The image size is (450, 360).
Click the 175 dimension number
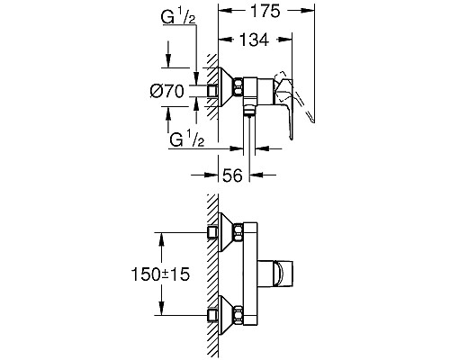[265, 11]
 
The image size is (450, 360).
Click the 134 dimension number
[254, 40]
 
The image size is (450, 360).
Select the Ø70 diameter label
[166, 91]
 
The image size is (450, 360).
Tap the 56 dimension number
[232, 175]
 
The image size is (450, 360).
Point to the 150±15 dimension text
[160, 274]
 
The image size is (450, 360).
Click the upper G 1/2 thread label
[178, 18]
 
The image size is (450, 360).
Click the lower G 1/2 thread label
[187, 139]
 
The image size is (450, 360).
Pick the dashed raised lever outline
[294, 96]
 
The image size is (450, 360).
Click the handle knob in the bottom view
[275, 273]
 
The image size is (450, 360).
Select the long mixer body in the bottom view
[250, 274]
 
